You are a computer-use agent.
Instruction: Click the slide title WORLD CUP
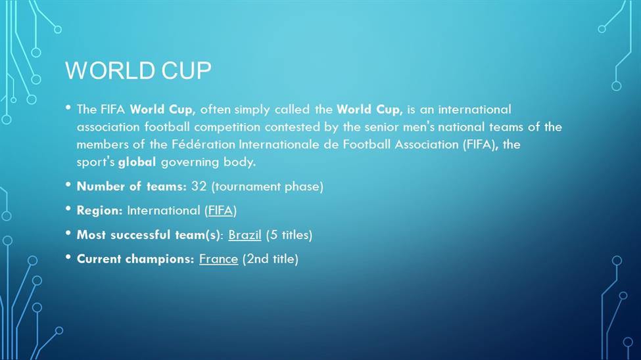tap(138, 70)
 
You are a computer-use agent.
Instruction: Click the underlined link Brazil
tap(245, 235)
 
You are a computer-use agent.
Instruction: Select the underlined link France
tap(218, 259)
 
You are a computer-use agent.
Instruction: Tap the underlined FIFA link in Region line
tap(220, 210)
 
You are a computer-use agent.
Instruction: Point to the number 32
tap(199, 187)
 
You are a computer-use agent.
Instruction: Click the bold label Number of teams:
tap(131, 187)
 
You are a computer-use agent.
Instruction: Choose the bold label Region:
tap(100, 210)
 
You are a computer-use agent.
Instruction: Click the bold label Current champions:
tap(135, 259)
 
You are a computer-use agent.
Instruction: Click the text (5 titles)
tap(289, 235)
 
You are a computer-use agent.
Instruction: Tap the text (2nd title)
tap(270, 259)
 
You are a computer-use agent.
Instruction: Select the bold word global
tap(137, 162)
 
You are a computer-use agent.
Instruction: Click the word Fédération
tap(203, 145)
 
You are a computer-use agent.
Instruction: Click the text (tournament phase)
tap(268, 187)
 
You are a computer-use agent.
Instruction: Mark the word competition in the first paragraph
tap(227, 127)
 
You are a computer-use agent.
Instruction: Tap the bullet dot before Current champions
tap(68, 257)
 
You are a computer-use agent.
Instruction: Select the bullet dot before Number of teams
tap(68, 185)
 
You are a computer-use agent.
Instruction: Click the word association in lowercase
tap(108, 127)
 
